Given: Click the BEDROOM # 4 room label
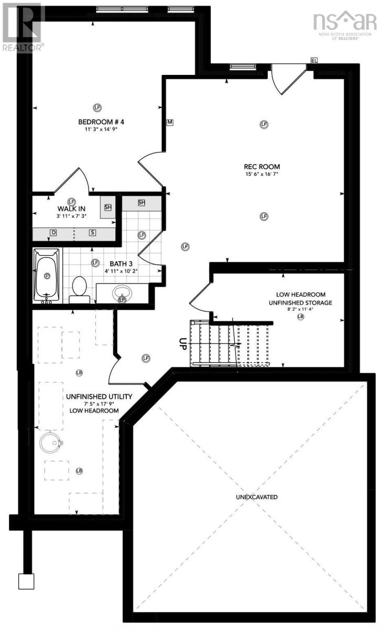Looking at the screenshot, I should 100,122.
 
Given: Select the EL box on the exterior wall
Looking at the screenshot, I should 314,61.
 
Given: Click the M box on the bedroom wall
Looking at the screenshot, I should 170,122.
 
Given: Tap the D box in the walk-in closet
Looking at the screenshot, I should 53,232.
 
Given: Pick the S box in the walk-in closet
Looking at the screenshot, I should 92,232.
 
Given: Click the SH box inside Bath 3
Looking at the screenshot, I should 141,203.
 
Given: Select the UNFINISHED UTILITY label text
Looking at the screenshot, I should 99,396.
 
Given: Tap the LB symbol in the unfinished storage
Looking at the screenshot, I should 300,317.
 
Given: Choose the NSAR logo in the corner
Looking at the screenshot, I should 344,24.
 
